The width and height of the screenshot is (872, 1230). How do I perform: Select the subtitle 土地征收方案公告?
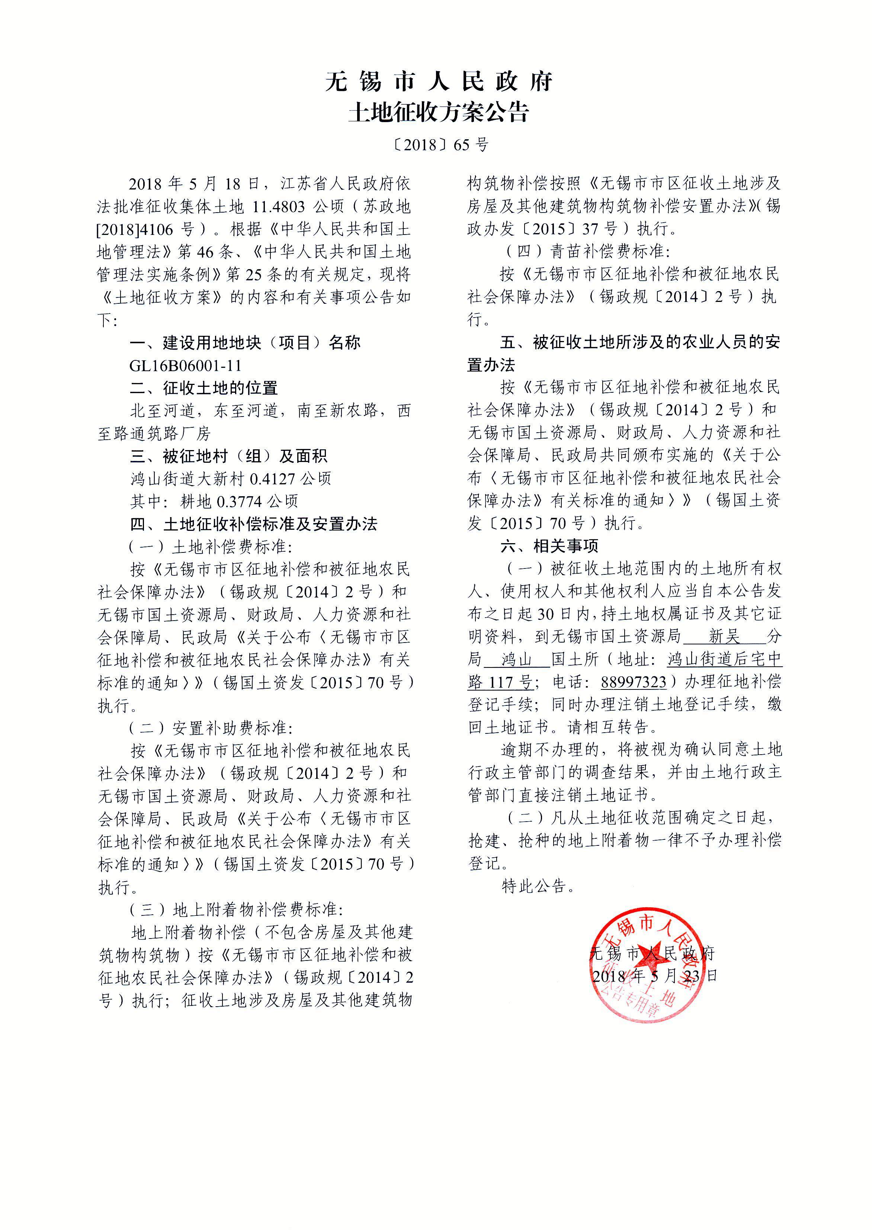(x=439, y=113)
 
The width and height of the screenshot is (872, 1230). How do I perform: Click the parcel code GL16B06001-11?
(x=185, y=366)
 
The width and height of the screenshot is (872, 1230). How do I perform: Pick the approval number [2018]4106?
(x=135, y=229)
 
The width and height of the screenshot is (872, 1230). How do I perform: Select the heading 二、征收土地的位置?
(x=203, y=388)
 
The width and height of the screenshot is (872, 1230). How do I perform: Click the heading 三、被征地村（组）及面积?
(x=228, y=456)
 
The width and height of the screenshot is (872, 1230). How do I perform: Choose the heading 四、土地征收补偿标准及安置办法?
(x=253, y=524)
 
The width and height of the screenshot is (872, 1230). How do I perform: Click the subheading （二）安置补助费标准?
(x=211, y=728)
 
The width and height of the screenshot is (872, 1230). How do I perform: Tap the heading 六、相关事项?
(x=549, y=547)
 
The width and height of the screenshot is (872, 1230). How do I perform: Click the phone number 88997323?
(x=633, y=682)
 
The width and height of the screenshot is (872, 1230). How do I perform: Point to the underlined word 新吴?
(x=724, y=637)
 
